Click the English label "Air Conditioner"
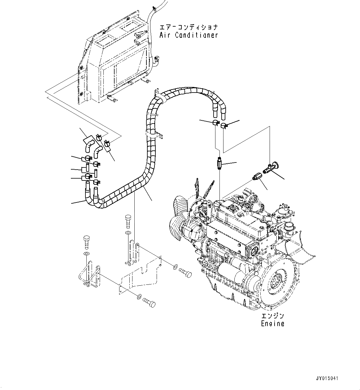pos(189,35)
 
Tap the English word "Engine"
pos(272,324)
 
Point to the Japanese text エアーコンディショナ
pos(189,27)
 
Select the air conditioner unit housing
pos(115,59)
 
